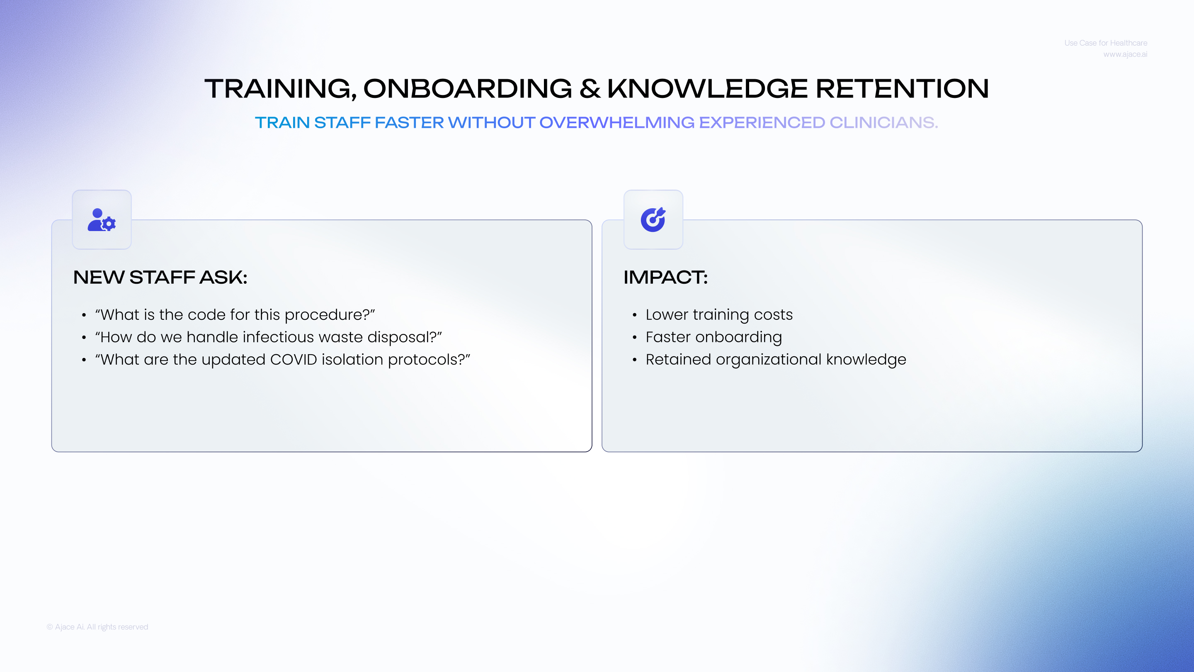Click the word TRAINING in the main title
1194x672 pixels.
coord(280,89)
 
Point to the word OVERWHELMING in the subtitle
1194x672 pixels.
coord(617,122)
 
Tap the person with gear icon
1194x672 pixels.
coord(102,220)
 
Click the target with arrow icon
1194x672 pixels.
coord(653,219)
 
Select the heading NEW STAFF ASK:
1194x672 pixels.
coord(160,278)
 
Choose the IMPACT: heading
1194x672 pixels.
coord(665,278)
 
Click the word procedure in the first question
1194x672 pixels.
coord(327,315)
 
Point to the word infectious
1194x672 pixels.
coord(278,337)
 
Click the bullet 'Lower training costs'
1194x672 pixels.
coord(719,314)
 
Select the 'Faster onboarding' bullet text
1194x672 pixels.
coord(714,337)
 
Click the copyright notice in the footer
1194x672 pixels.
coord(97,627)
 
